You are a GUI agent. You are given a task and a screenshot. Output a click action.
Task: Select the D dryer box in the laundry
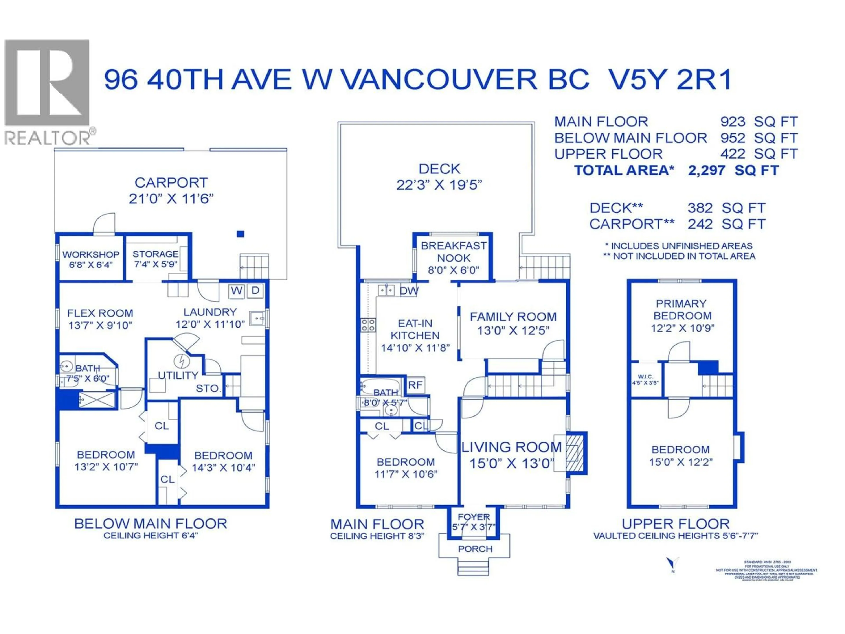click(x=255, y=291)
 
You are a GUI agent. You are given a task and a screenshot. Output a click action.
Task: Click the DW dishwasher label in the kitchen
click(x=409, y=291)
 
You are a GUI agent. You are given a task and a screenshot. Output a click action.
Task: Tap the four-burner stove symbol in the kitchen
click(x=368, y=325)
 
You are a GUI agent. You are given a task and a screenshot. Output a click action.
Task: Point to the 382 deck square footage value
click(x=700, y=208)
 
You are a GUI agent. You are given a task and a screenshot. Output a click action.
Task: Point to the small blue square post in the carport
click(x=240, y=234)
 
